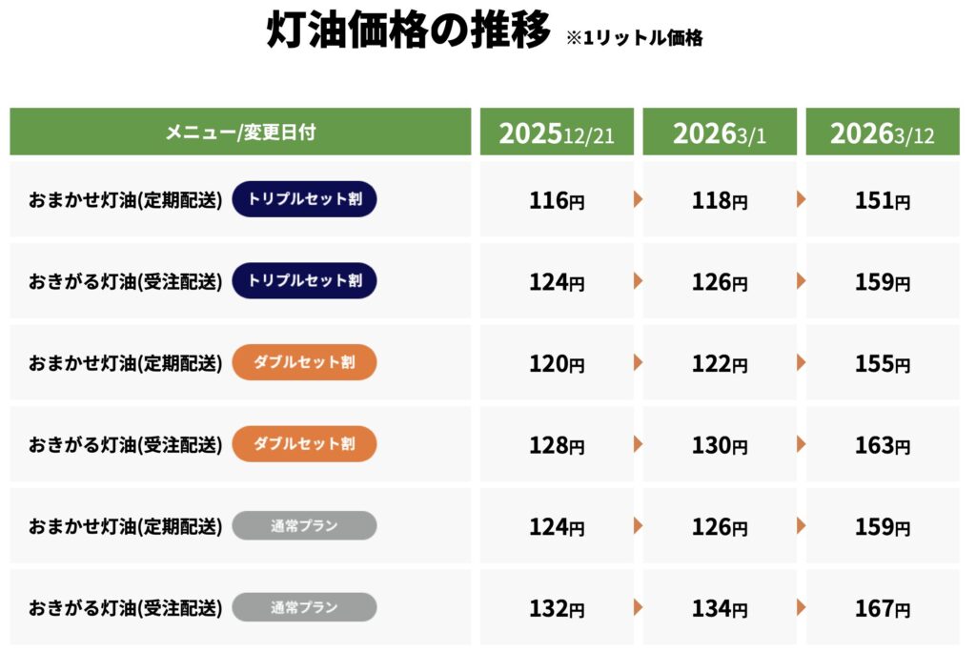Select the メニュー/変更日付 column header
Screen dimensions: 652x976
click(240, 132)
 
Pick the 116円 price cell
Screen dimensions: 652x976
click(557, 201)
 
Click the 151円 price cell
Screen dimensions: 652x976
click(883, 201)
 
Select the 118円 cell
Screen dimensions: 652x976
click(720, 201)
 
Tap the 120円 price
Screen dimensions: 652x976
click(557, 364)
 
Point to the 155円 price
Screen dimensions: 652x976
click(883, 364)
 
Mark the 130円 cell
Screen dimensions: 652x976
click(720, 445)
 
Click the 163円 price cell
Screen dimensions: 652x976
click(883, 445)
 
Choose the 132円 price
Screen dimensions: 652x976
click(557, 608)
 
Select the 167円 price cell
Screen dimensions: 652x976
click(883, 608)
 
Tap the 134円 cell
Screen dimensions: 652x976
click(720, 608)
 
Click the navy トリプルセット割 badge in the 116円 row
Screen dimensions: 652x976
click(304, 199)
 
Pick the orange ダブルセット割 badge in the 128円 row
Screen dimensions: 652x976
click(304, 443)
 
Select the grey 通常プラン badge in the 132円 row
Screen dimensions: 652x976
click(304, 606)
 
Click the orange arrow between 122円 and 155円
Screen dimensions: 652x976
click(802, 362)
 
